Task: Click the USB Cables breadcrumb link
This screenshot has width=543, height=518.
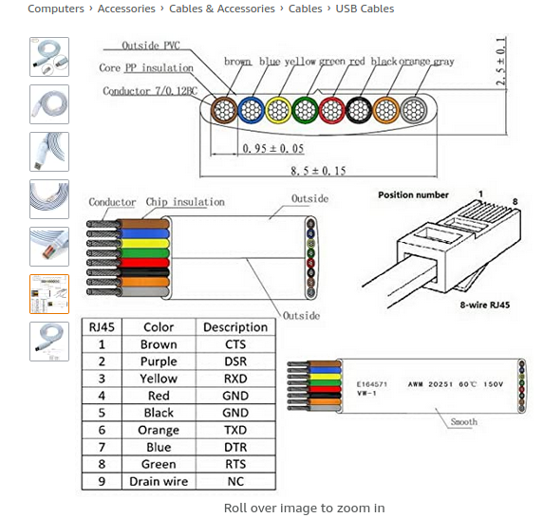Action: point(365,9)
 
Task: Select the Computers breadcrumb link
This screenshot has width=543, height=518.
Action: point(56,9)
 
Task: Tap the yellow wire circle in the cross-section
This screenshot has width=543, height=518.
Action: point(278,110)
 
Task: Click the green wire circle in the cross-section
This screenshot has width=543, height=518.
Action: point(305,110)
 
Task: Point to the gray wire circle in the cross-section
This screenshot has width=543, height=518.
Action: point(414,110)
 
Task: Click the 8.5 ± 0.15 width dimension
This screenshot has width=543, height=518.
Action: point(318,171)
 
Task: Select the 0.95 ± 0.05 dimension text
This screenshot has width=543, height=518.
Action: point(273,148)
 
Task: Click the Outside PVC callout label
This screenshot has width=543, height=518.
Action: point(151,46)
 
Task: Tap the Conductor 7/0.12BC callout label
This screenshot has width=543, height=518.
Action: point(150,91)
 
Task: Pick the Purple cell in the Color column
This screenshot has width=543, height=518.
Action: point(159,361)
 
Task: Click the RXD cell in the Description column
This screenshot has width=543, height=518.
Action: point(235,379)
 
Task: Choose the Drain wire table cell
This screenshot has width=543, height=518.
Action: point(159,481)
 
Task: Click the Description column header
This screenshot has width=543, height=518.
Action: point(235,327)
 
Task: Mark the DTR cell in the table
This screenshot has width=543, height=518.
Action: point(235,447)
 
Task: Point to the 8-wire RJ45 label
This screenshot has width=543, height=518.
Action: point(485,305)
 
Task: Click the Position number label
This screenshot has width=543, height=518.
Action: point(413,194)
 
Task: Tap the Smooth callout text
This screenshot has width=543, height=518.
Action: point(463,422)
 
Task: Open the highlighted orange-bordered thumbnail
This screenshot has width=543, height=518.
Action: point(49,294)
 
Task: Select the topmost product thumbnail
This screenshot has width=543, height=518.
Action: point(49,57)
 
